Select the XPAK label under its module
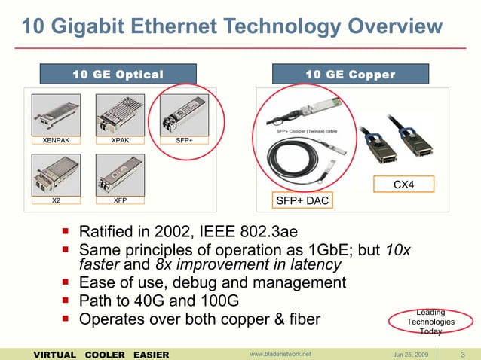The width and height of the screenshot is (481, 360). point(119,140)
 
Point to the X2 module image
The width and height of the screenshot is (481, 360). point(56,175)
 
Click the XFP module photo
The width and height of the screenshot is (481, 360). point(119,175)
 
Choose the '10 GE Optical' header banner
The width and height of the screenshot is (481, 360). point(118,74)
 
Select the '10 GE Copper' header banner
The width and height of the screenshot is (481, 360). point(351,74)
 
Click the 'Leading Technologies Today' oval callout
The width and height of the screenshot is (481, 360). point(430,322)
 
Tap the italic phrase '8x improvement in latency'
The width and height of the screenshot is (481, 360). point(248,265)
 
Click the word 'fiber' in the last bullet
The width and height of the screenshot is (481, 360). point(302,320)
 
